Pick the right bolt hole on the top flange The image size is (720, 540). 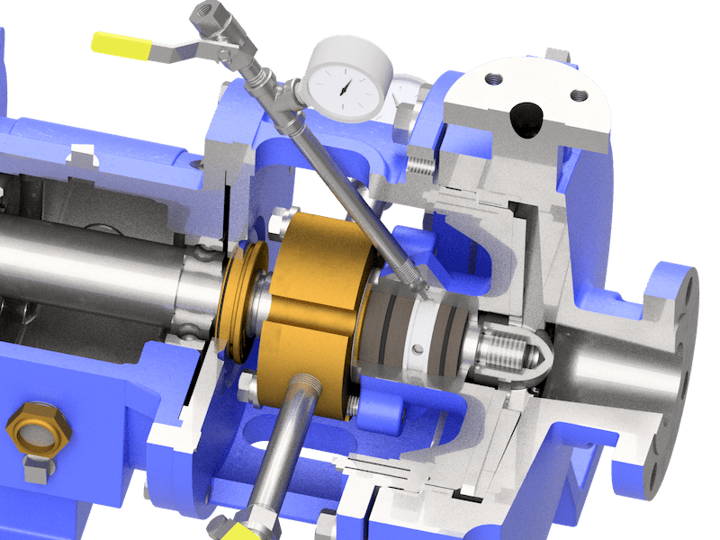pyautogui.click(x=577, y=93)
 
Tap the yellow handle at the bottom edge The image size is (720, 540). pyautogui.click(x=228, y=532)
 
